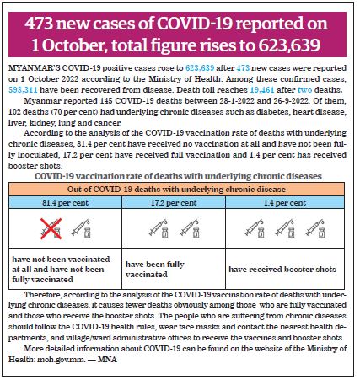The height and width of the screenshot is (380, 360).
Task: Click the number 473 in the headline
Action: pyautogui.click(x=39, y=24)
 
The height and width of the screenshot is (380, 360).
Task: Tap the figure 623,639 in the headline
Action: pyautogui.click(x=289, y=45)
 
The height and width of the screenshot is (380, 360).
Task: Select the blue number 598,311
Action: pyautogui.click(x=23, y=90)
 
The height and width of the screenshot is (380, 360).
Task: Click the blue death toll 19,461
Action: pyautogui.click(x=262, y=90)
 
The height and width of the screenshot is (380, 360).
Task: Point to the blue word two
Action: pyautogui.click(x=304, y=90)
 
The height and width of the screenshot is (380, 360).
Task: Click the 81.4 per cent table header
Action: pyautogui.click(x=65, y=202)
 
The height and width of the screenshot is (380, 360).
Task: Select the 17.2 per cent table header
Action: pyautogui.click(x=174, y=202)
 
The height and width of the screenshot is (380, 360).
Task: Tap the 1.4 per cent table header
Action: pyautogui.click(x=285, y=202)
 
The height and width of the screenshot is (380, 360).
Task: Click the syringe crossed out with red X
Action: pyautogui.click(x=51, y=228)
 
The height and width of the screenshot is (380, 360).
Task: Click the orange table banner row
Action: pyautogui.click(x=176, y=190)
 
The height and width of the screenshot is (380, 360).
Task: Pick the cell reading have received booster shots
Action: pyautogui.click(x=282, y=270)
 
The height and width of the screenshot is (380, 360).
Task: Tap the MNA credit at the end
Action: pyautogui.click(x=107, y=360)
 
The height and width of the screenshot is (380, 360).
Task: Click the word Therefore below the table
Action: pyautogui.click(x=43, y=295)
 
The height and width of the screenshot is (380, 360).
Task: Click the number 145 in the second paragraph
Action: pyautogui.click(x=106, y=101)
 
